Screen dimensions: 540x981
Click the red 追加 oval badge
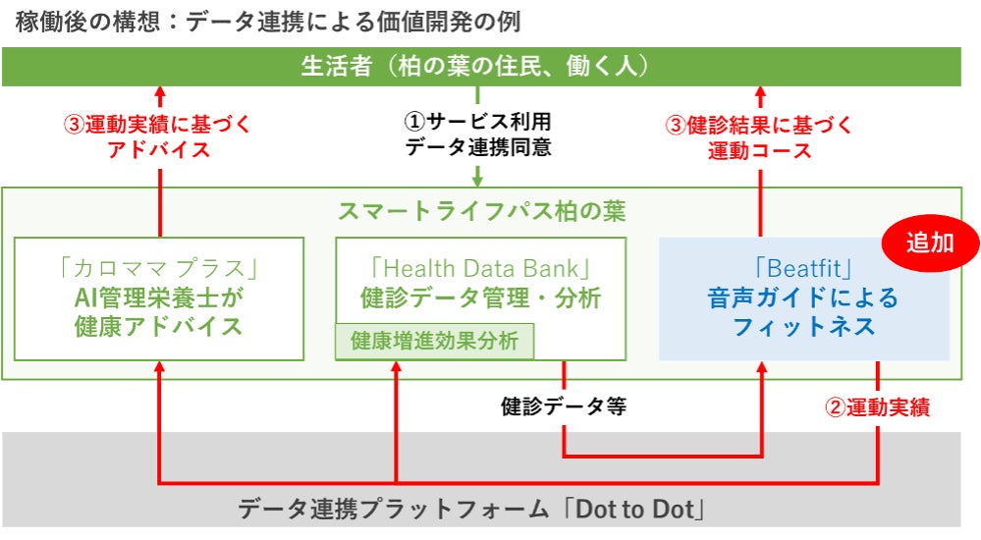click(x=928, y=243)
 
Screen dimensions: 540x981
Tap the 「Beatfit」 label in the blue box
click(x=804, y=266)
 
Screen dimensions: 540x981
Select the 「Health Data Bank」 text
click(x=480, y=266)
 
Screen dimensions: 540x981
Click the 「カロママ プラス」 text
click(x=159, y=266)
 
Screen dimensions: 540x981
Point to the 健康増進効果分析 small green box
click(x=435, y=342)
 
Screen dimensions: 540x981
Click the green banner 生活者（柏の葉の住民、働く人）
click(x=479, y=66)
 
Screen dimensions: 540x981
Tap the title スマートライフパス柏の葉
click(x=481, y=210)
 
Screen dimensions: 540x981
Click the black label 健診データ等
click(x=564, y=406)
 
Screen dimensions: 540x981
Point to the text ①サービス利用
click(x=478, y=122)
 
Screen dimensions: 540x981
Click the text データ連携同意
click(x=478, y=149)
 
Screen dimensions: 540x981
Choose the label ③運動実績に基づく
click(x=157, y=125)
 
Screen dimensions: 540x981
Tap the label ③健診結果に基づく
click(x=760, y=125)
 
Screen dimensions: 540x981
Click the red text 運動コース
click(x=760, y=151)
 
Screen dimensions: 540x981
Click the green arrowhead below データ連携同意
click(x=478, y=180)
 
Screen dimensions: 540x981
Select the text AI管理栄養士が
click(x=159, y=297)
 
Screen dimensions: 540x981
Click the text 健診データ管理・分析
click(x=480, y=297)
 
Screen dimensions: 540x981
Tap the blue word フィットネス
click(x=804, y=326)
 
